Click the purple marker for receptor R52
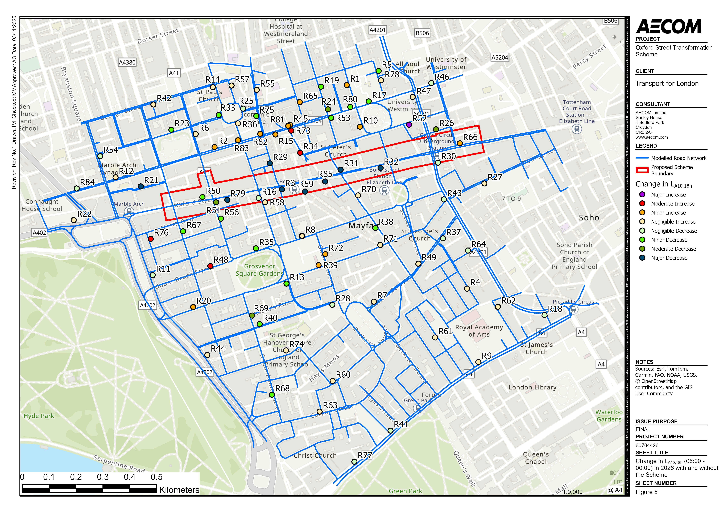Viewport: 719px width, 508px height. pyautogui.click(x=409, y=125)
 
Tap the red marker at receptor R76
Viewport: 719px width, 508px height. pyautogui.click(x=151, y=239)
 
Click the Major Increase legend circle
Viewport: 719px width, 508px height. pyautogui.click(x=642, y=195)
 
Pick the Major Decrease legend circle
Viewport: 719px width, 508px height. pyautogui.click(x=642, y=258)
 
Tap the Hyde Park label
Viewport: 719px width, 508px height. pyautogui.click(x=39, y=416)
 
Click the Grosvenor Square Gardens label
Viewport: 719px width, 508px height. pyautogui.click(x=259, y=270)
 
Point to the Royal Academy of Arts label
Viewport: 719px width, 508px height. pyautogui.click(x=479, y=331)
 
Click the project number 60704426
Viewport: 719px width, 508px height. pyautogui.click(x=647, y=445)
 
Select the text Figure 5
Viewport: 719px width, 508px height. pyautogui.click(x=646, y=492)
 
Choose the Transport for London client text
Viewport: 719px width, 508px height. pyautogui.click(x=667, y=84)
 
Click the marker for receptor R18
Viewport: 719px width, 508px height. pyautogui.click(x=545, y=315)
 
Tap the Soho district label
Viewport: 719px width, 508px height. pyautogui.click(x=589, y=218)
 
